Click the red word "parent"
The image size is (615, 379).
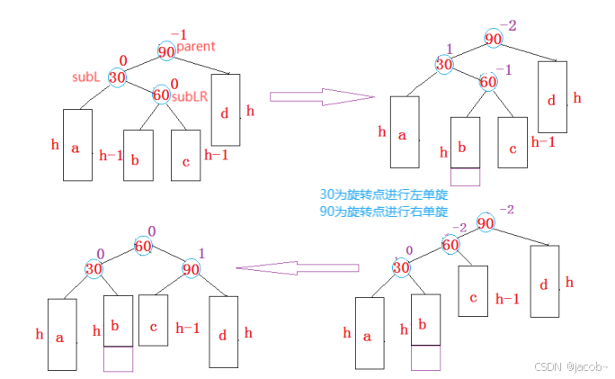point(196,46)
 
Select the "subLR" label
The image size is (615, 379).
point(190,96)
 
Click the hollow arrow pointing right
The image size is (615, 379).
point(321,96)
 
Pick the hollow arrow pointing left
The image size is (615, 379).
point(296,267)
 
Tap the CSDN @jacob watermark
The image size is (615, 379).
point(571,367)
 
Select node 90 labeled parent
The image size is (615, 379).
point(166,52)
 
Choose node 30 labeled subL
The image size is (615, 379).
point(116,78)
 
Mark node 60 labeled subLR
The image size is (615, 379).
point(161,94)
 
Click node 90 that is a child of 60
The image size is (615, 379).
point(192,269)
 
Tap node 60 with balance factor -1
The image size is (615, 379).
point(487,83)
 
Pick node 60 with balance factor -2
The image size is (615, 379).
point(450,243)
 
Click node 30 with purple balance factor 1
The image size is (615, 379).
point(443,64)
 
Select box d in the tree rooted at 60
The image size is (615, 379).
point(222,335)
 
